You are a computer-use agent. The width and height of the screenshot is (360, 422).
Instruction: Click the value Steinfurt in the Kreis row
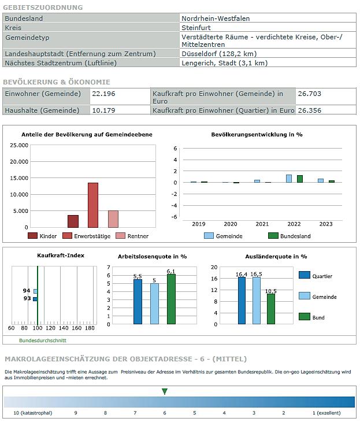(196, 28)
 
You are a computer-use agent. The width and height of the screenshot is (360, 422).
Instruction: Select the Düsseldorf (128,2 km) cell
(268, 54)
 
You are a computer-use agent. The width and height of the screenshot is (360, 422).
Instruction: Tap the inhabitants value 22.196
(103, 94)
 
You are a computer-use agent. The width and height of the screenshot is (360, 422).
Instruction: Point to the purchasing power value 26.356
(309, 110)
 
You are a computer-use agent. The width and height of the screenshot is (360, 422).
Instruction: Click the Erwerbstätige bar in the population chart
(93, 205)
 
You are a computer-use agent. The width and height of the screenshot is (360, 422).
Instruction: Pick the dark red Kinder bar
(73, 221)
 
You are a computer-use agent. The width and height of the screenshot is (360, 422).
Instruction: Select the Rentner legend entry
(132, 236)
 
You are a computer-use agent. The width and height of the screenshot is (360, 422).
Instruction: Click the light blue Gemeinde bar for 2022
(289, 179)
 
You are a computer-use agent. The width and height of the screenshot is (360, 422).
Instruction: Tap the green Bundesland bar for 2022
(300, 179)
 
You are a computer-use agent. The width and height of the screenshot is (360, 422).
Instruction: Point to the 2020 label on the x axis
(231, 224)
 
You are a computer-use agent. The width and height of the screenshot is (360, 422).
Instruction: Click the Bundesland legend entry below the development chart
(290, 236)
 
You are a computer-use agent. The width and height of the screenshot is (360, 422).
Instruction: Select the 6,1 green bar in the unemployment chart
(171, 299)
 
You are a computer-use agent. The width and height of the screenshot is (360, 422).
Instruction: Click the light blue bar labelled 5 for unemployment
(154, 303)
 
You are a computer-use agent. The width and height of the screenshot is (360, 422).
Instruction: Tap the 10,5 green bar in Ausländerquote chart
(271, 309)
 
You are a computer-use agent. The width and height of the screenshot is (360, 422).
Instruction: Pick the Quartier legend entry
(316, 275)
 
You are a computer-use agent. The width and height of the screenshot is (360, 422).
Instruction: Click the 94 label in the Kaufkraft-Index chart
(27, 291)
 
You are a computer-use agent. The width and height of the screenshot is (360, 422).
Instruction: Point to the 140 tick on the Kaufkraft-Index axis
(64, 328)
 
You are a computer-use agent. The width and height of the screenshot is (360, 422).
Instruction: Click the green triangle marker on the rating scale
(165, 391)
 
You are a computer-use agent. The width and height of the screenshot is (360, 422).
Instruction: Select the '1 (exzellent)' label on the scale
(326, 413)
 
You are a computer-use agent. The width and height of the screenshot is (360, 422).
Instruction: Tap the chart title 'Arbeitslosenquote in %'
(153, 257)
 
